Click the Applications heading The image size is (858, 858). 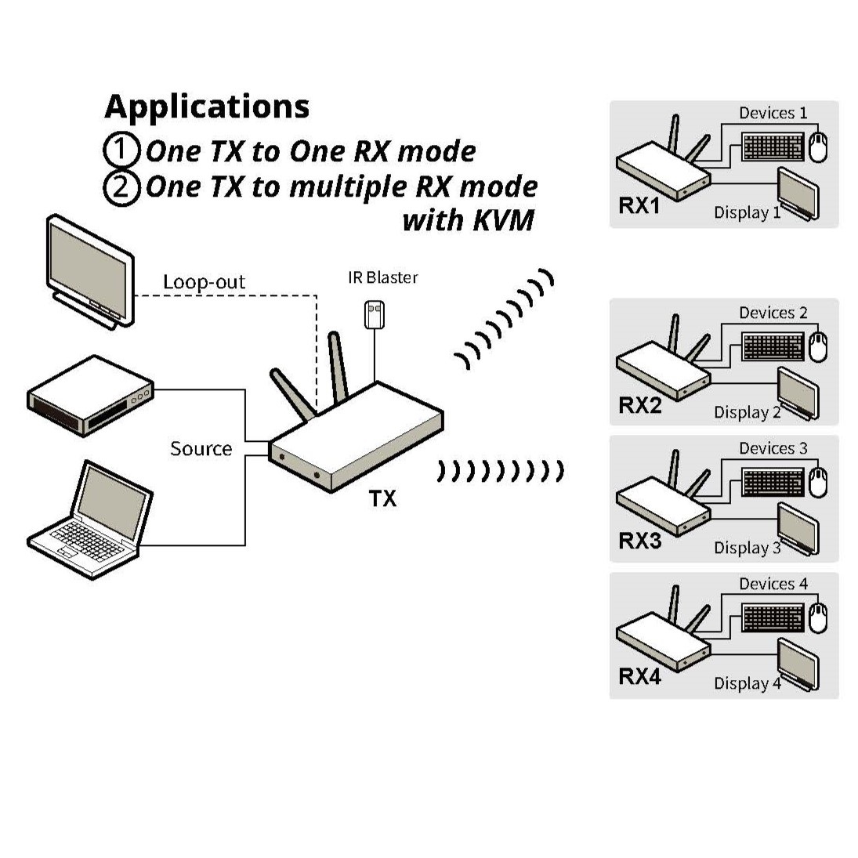pyautogui.click(x=207, y=107)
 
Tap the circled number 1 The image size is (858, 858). pyautogui.click(x=121, y=150)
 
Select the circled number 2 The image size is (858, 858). pyautogui.click(x=121, y=187)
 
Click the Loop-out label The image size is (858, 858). pyautogui.click(x=204, y=282)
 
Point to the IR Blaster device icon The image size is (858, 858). pyautogui.click(x=375, y=314)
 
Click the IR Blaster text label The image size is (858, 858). pyautogui.click(x=382, y=277)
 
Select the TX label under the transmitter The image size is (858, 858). pyautogui.click(x=382, y=498)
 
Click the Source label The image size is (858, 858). pyautogui.click(x=201, y=449)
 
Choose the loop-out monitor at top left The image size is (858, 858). pyautogui.click(x=89, y=270)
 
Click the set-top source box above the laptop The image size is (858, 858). pyautogui.click(x=90, y=396)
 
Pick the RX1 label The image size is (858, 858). pyautogui.click(x=639, y=206)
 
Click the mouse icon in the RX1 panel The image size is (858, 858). pyautogui.click(x=817, y=147)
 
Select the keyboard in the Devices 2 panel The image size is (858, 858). pyautogui.click(x=773, y=346)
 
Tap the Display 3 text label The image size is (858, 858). pyautogui.click(x=747, y=548)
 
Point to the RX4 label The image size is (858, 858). pyautogui.click(x=639, y=676)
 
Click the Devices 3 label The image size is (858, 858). pyautogui.click(x=773, y=448)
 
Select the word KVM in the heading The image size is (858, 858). pyautogui.click(x=503, y=220)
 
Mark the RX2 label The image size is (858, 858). pyautogui.click(x=639, y=405)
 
